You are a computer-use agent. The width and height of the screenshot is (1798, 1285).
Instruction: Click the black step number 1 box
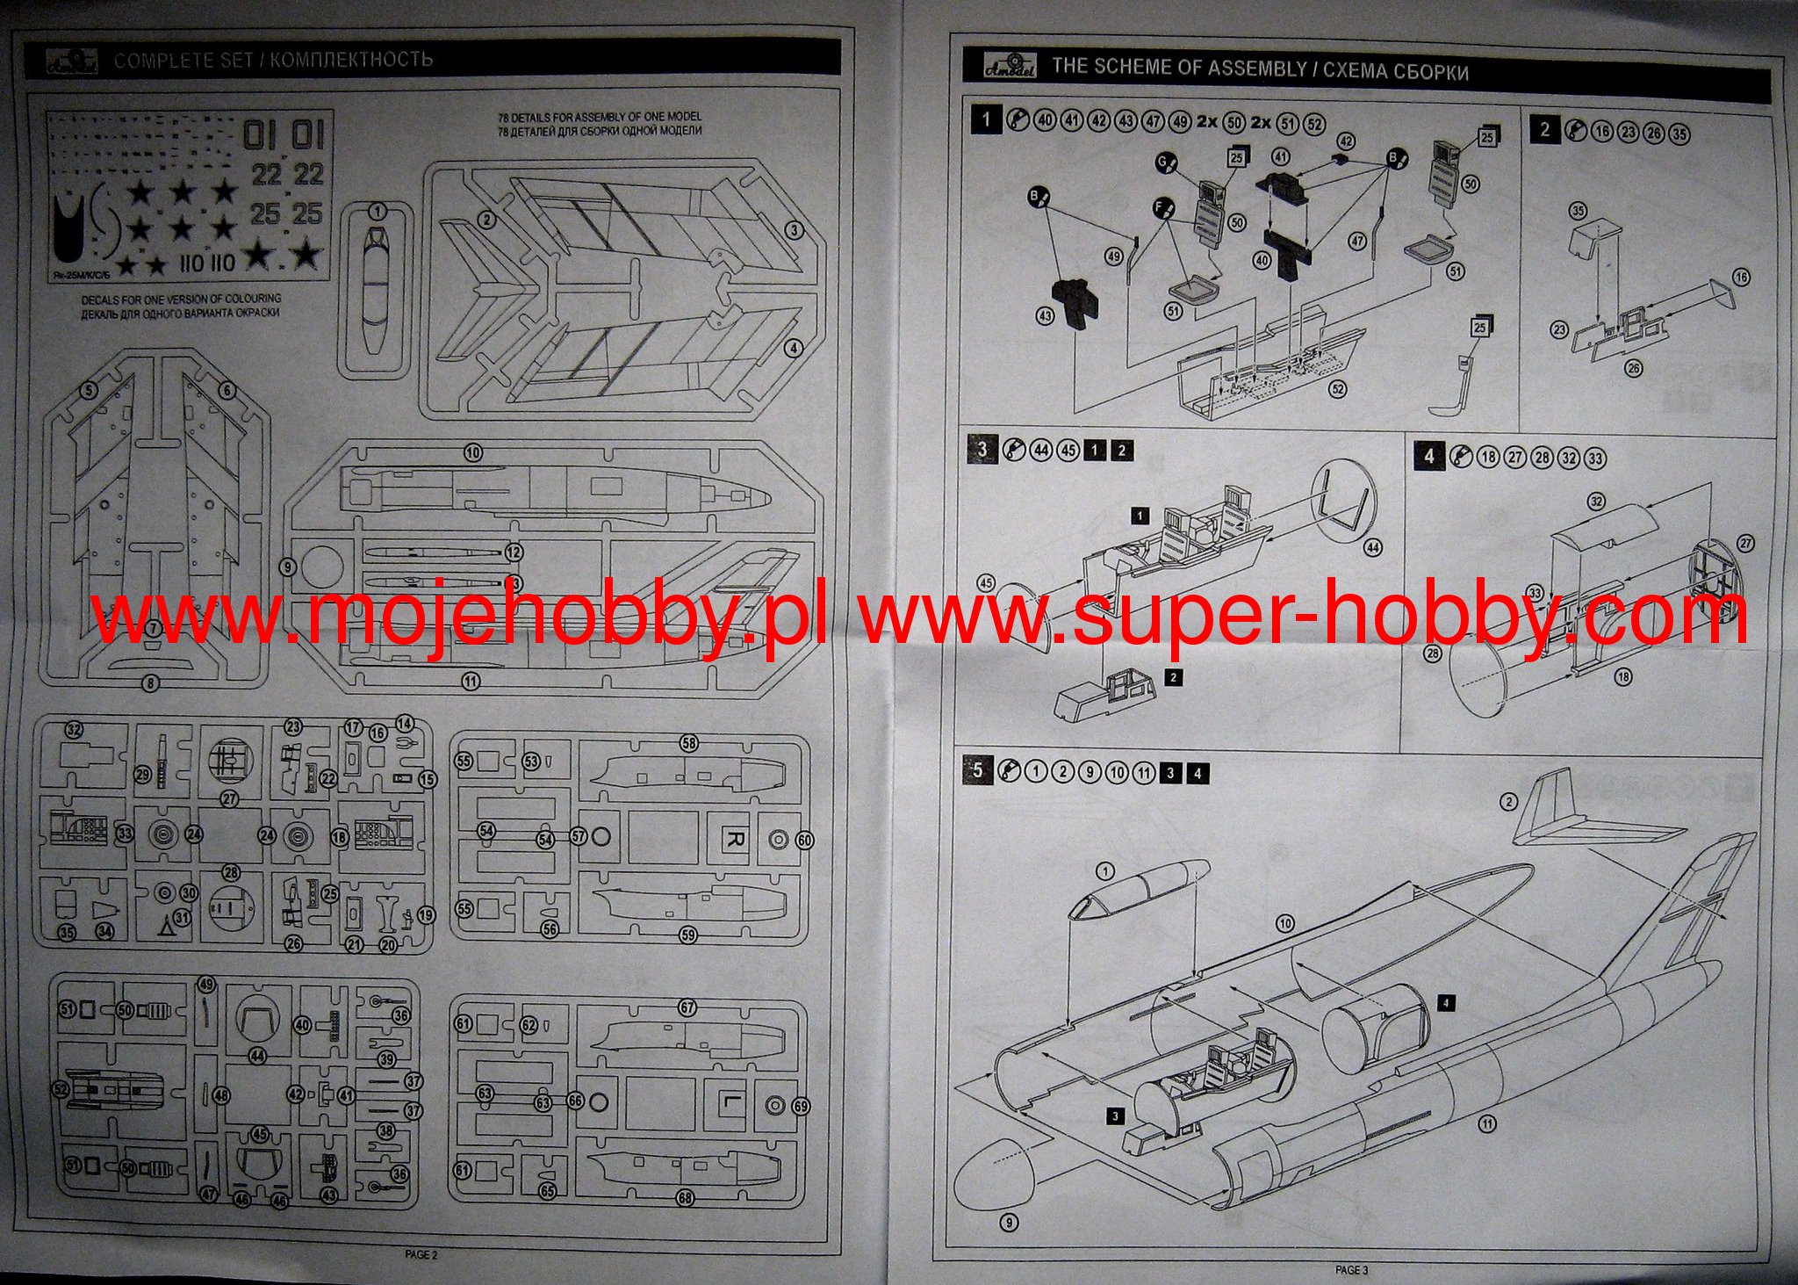click(x=987, y=119)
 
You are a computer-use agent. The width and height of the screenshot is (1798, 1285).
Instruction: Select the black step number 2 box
click(x=1545, y=130)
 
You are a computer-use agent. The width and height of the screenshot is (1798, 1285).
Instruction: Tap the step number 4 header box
click(x=1429, y=456)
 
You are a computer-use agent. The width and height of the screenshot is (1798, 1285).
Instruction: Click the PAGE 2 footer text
click(x=421, y=1254)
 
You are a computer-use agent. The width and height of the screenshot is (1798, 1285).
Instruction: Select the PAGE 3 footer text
click(x=1351, y=1269)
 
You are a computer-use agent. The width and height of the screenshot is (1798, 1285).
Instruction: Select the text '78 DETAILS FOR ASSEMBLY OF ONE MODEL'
click(x=599, y=116)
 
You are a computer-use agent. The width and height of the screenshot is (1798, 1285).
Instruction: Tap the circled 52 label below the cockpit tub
click(x=1338, y=390)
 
